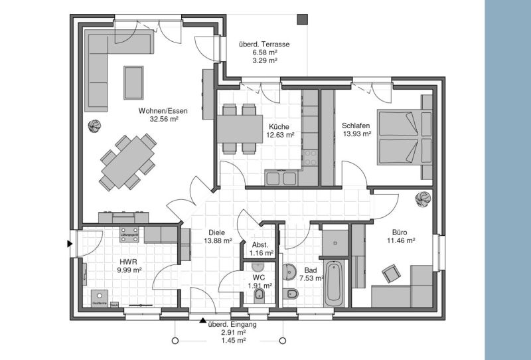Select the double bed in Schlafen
click(x=401, y=137)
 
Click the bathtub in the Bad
click(x=334, y=284)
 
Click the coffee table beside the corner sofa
click(x=133, y=82)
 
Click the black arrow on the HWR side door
click(x=70, y=244)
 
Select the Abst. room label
click(x=260, y=244)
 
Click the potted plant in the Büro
click(x=421, y=198)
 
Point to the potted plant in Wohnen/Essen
click(x=96, y=124)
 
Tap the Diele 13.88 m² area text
click(x=218, y=240)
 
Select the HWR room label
click(x=128, y=261)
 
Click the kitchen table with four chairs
click(x=239, y=126)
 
